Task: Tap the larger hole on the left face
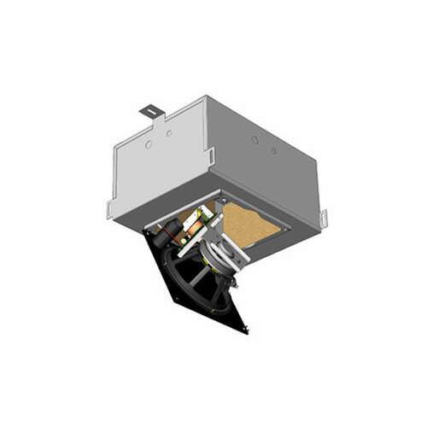coord(149,145)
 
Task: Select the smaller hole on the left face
coord(169,134)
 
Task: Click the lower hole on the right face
coord(273,151)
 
